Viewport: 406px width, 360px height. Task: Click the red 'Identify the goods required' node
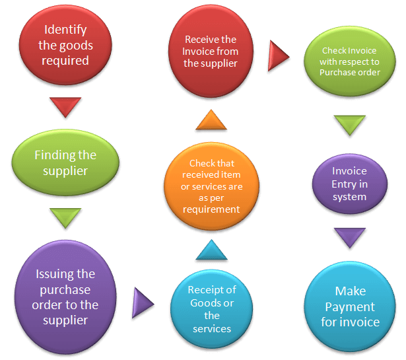[65, 46]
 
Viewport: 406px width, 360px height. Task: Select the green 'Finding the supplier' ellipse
[65, 163]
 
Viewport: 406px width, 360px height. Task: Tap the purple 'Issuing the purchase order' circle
[64, 297]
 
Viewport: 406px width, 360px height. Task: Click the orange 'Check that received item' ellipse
[211, 186]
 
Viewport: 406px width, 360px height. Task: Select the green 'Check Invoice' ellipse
[350, 61]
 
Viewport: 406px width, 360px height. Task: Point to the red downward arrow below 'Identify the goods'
[65, 106]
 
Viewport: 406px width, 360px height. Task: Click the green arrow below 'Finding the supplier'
[65, 217]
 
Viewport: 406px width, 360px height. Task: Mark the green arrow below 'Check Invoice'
[349, 124]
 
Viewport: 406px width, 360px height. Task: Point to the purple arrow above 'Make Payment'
[349, 236]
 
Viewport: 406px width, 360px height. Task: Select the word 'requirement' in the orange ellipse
[211, 209]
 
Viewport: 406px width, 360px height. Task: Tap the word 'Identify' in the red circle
[65, 30]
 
